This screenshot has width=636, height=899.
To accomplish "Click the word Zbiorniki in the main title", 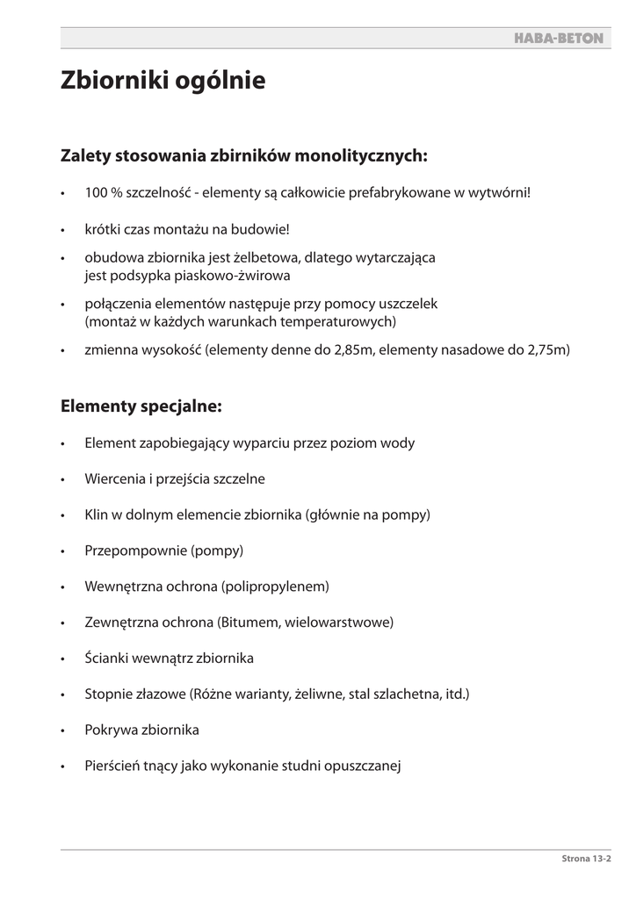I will pos(109,82).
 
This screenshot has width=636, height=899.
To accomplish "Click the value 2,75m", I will pos(547,350).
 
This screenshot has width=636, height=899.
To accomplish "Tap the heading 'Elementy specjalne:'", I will pos(141,406).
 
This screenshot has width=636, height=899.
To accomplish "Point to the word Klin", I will pos(97,514).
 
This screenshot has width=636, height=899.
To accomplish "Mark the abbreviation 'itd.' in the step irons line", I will pos(455,694).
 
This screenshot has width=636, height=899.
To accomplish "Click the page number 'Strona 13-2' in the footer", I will pos(585,860).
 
